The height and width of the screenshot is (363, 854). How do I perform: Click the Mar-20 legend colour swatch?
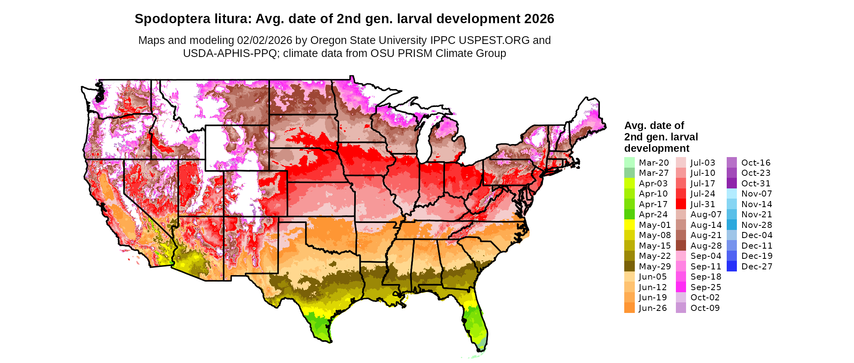click(x=629, y=162)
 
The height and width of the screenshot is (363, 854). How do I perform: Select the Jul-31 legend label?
click(x=703, y=204)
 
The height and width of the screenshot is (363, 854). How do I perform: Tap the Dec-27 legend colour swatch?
click(x=732, y=267)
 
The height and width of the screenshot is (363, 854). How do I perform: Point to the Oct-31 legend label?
click(x=756, y=184)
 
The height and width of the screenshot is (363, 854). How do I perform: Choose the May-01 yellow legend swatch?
click(x=629, y=225)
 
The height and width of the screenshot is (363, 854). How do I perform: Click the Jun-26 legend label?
click(x=653, y=308)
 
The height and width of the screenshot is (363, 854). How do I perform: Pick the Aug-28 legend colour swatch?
click(x=681, y=246)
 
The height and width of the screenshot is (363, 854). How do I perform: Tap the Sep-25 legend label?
click(x=706, y=287)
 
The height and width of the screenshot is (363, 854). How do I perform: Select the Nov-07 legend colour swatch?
click(x=732, y=194)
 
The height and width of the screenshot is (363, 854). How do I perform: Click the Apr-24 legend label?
click(x=653, y=214)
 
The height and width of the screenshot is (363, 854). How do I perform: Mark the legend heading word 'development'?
click(x=657, y=148)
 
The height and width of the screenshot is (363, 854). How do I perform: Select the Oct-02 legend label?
click(x=705, y=297)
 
